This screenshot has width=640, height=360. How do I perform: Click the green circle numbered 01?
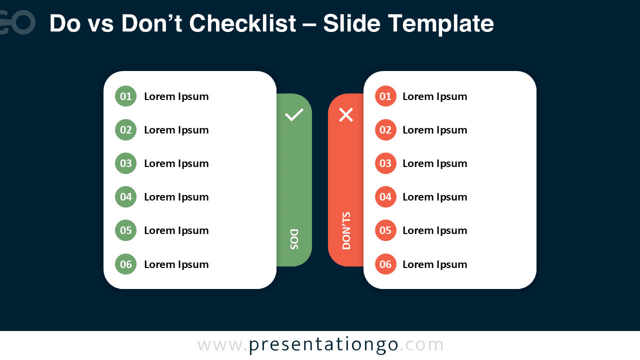pos(125,96)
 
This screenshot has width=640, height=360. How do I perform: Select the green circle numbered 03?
pos(125,163)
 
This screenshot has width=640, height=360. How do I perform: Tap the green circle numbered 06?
pos(125,264)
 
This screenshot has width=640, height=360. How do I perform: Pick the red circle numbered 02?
pos(385,130)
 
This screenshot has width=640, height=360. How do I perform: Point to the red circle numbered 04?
pos(385,197)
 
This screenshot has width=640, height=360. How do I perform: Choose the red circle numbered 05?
pos(385,230)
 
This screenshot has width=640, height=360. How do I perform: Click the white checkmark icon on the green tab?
pos(294,114)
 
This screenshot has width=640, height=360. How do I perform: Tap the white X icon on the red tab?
pos(346,115)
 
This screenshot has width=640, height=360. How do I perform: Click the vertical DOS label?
pos(294,239)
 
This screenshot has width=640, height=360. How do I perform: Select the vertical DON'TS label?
pos(346,230)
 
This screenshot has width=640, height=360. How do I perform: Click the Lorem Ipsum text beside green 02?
pos(176,130)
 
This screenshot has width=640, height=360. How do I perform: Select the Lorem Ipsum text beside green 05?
pos(176,230)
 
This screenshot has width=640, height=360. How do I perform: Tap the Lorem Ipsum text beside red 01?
pos(434,96)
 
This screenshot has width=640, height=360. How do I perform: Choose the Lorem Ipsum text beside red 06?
pos(434,264)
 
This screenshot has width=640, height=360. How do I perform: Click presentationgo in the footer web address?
pos(323,345)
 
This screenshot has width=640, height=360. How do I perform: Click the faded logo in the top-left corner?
pos(17,22)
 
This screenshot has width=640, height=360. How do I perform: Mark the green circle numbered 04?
pos(125,197)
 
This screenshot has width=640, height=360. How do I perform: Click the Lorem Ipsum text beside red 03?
pos(434,163)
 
